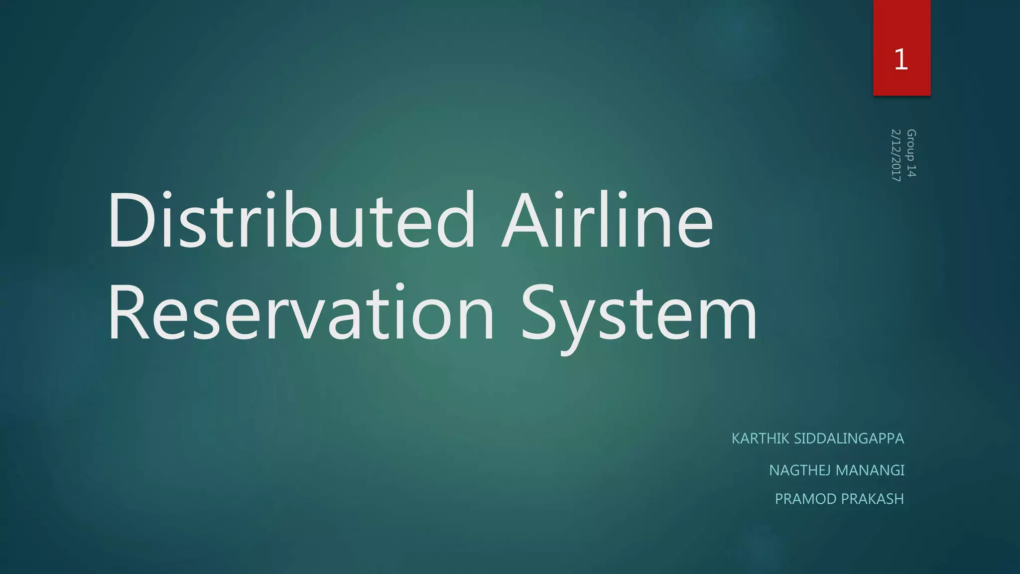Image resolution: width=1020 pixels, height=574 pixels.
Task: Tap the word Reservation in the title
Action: point(301,312)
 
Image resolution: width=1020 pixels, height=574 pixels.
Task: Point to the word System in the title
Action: point(639,312)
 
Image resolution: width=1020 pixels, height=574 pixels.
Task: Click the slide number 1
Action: point(901,59)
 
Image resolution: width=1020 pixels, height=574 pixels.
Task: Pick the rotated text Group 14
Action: point(911,153)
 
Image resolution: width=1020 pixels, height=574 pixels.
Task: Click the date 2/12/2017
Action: point(895,155)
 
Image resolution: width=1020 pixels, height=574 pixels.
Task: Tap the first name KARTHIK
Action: point(760,438)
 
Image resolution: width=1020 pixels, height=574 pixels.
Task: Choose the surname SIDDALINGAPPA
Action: point(849,438)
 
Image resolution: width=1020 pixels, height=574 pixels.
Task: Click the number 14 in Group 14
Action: point(911,171)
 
